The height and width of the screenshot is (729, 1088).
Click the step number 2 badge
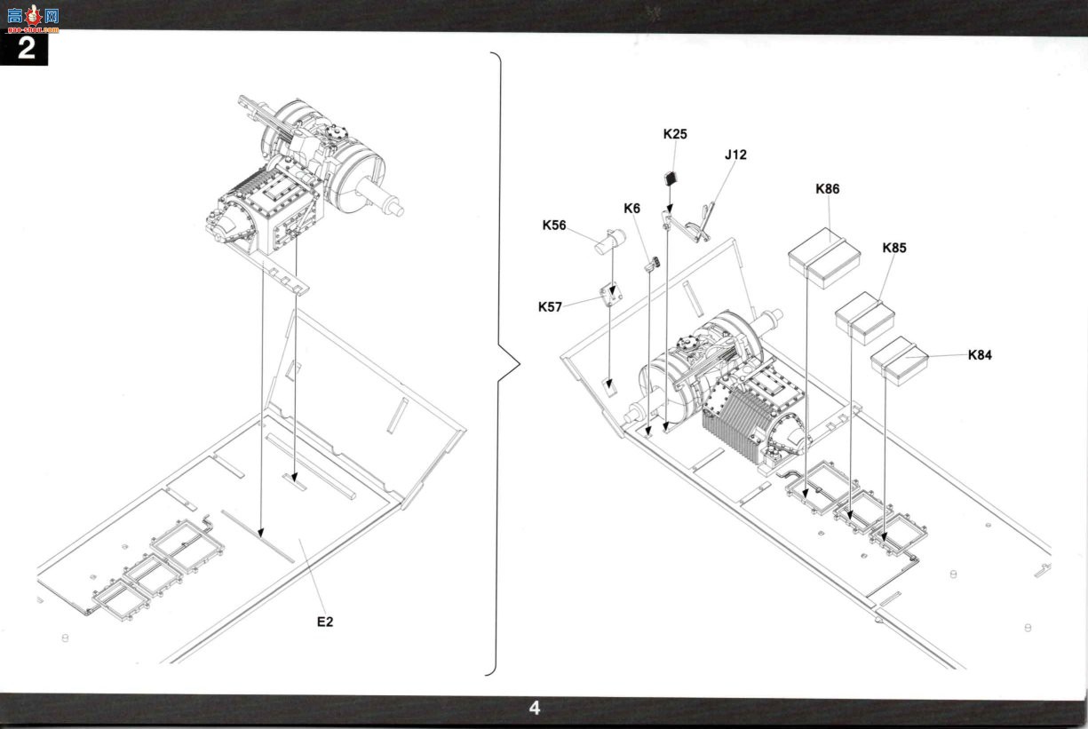pyautogui.click(x=24, y=49)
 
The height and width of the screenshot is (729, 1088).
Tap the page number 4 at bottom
pyautogui.click(x=535, y=708)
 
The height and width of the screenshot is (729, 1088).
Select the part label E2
pyautogui.click(x=325, y=622)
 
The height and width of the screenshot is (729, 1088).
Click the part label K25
pyautogui.click(x=675, y=134)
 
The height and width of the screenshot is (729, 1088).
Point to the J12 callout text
pyautogui.click(x=735, y=155)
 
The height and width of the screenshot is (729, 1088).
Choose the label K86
pyautogui.click(x=827, y=189)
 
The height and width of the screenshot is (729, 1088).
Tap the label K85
pyautogui.click(x=894, y=248)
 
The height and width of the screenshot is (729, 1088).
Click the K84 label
pyautogui.click(x=980, y=354)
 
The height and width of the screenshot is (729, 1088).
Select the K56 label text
pyautogui.click(x=554, y=226)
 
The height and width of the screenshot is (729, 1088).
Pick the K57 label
pyautogui.click(x=550, y=307)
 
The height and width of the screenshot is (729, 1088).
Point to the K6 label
pyautogui.click(x=631, y=209)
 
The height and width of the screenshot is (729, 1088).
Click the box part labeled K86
pyautogui.click(x=824, y=258)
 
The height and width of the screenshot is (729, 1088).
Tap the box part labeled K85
pyautogui.click(x=864, y=318)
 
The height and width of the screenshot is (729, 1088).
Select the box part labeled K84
pyautogui.click(x=899, y=361)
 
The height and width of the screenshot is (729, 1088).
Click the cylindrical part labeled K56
pyautogui.click(x=610, y=242)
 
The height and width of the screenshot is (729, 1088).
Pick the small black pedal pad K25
pyautogui.click(x=671, y=178)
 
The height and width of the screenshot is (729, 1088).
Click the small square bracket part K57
pyautogui.click(x=611, y=294)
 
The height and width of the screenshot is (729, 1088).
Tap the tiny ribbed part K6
pyautogui.click(x=652, y=265)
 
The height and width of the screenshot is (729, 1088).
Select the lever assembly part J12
pyautogui.click(x=688, y=224)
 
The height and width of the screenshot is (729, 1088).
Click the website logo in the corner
pyautogui.click(x=33, y=19)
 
